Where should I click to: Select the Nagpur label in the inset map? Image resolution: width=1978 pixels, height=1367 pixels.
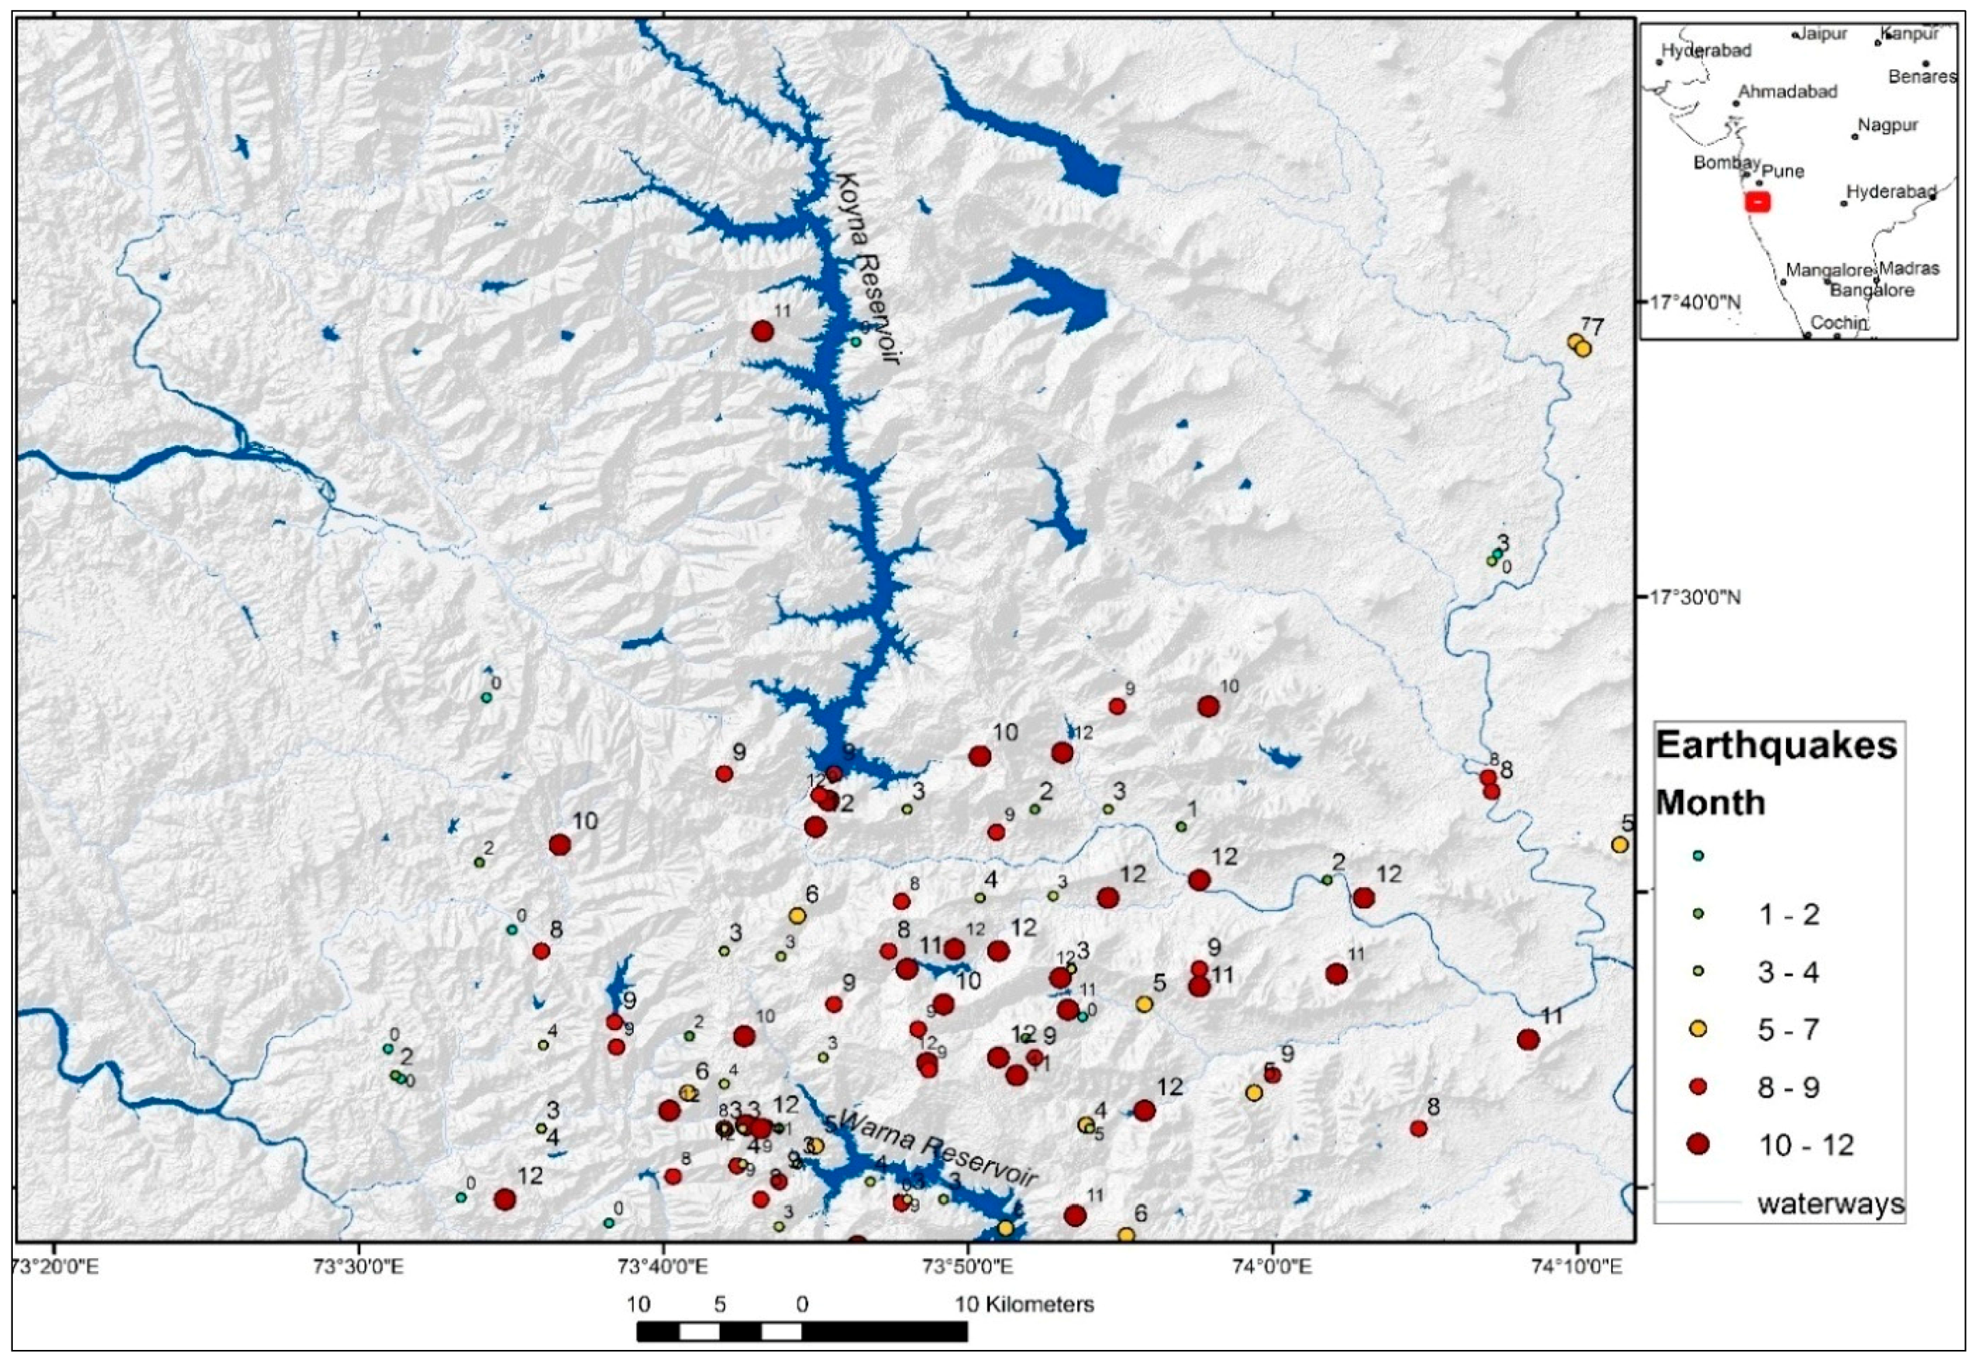tap(1887, 125)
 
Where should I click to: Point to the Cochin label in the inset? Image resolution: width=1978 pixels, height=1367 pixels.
tap(1839, 323)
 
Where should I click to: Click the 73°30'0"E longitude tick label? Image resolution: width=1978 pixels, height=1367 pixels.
tap(360, 1265)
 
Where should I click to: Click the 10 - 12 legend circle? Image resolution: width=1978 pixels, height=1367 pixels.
tap(1697, 1144)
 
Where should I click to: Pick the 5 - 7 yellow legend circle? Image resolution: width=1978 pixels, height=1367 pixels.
tap(1697, 1029)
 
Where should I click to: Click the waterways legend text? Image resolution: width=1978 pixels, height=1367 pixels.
tap(1831, 1204)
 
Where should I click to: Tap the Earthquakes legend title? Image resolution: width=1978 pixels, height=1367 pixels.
tap(1776, 745)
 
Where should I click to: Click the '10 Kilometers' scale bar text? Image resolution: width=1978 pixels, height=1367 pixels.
tap(1024, 1304)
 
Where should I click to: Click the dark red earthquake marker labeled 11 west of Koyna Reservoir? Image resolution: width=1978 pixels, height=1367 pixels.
tap(762, 331)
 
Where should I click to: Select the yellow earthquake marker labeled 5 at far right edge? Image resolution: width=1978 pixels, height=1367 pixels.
tap(1619, 845)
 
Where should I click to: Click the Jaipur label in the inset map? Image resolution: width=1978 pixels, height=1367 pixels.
tap(1822, 34)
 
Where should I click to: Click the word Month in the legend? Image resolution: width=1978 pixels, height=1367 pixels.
tap(1710, 803)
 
